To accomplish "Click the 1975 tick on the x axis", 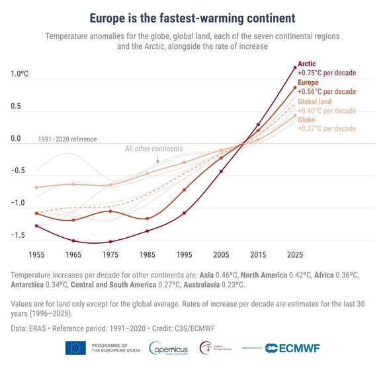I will tap(110, 254).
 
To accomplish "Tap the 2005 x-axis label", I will tap(221, 254).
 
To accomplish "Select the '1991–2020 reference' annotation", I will tap(69, 139).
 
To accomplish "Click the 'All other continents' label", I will tap(153, 149).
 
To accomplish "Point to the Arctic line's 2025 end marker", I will tap(295, 67).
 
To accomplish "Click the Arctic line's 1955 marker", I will tap(36, 226).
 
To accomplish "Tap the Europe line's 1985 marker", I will tap(148, 219).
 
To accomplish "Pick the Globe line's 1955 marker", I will tap(36, 188).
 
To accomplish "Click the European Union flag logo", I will tap(74, 349).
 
